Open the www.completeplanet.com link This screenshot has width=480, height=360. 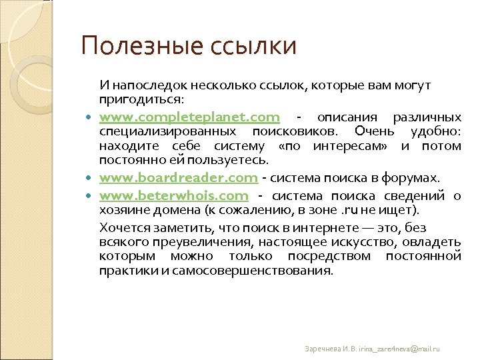pos(189,117)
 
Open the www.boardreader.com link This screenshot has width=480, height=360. pos(178,177)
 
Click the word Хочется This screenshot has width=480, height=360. pos(123,226)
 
